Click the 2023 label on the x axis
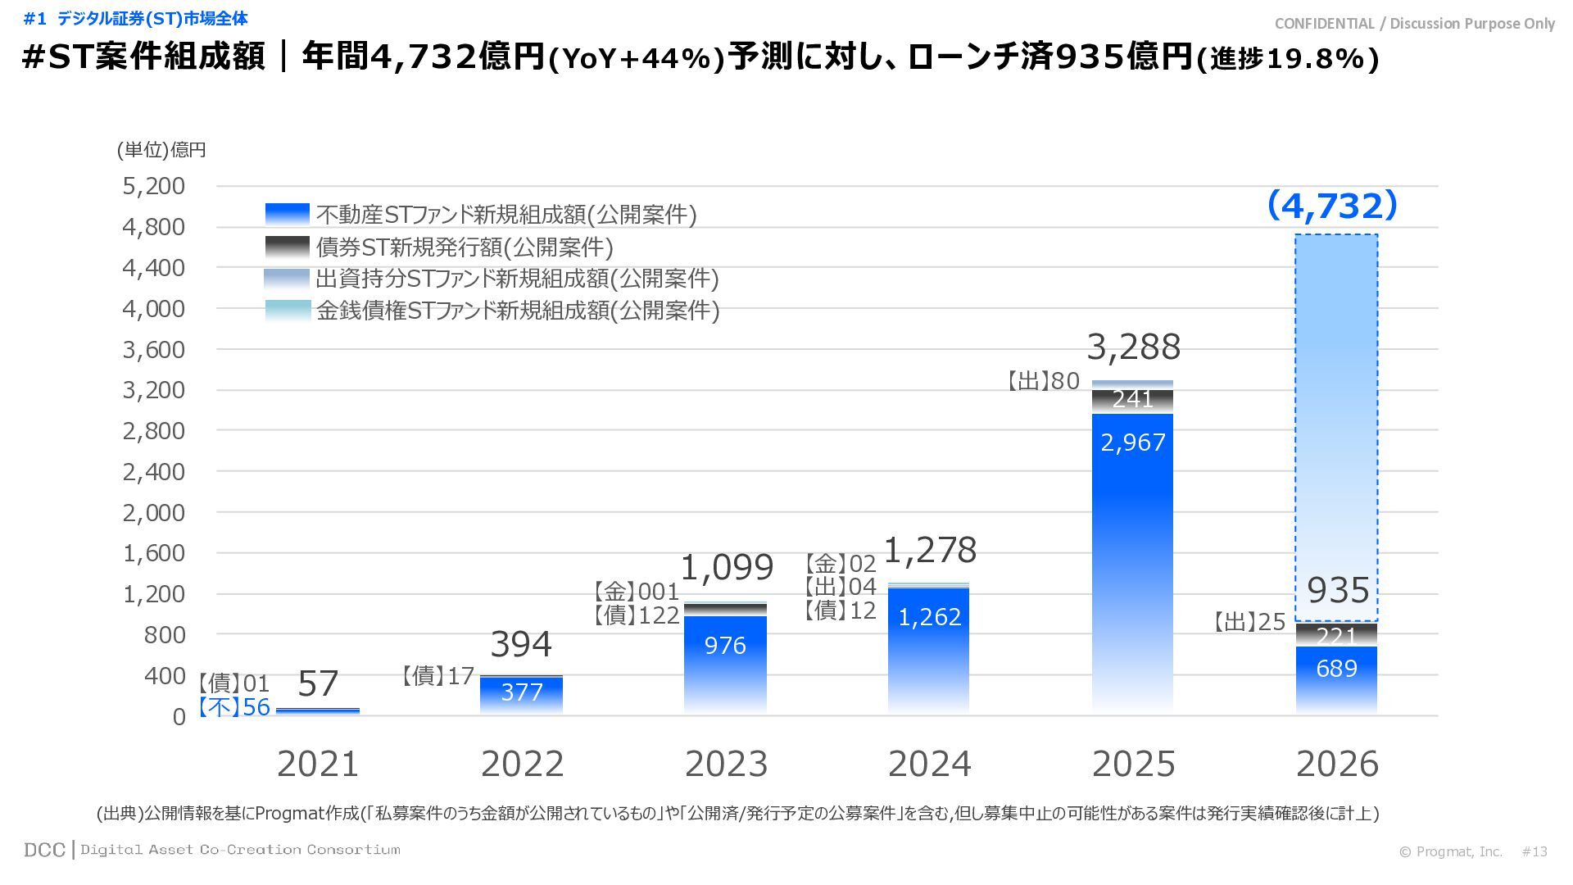[726, 765]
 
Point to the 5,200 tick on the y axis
[154, 187]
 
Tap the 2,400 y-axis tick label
[154, 472]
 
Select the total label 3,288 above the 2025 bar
[1133, 347]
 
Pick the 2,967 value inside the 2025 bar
[1132, 443]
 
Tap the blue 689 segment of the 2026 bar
[1336, 669]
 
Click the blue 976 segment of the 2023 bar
[725, 647]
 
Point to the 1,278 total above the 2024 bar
[930, 551]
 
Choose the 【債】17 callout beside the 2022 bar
[438, 676]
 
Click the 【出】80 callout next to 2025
[1042, 381]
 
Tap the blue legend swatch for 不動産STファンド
[288, 214]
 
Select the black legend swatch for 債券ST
[288, 247]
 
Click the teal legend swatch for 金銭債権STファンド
[288, 311]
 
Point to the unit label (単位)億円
[161, 150]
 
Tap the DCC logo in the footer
[44, 851]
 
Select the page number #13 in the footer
[1534, 852]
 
